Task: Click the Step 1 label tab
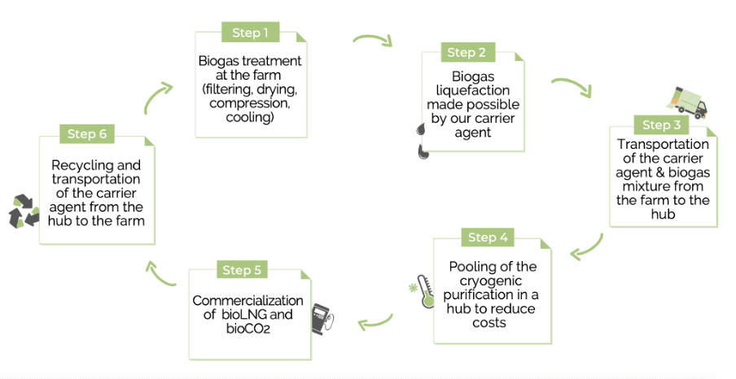pos(250,33)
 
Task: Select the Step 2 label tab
pos(467,53)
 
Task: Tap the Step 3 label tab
pos(661,124)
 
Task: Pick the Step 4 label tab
pos(488,237)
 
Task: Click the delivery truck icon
pos(687,101)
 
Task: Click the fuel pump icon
pos(323,317)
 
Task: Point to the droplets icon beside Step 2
pos(421,141)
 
